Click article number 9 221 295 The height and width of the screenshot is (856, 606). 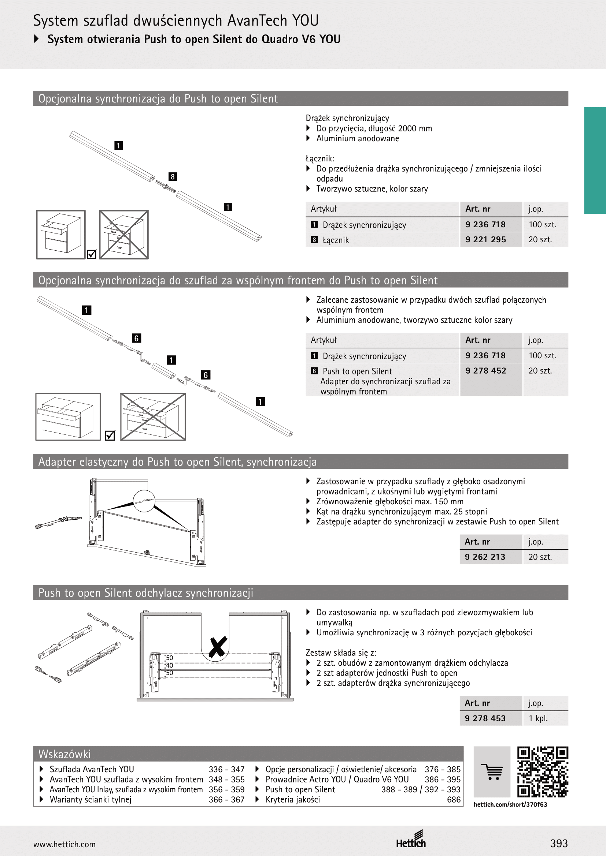pos(485,240)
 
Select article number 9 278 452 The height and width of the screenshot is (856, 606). pos(485,371)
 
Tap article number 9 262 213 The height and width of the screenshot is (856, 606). pos(485,557)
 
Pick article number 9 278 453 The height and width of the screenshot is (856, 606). pos(485,718)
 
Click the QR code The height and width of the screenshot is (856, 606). pos(543,772)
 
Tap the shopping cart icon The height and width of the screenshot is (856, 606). pos(492,772)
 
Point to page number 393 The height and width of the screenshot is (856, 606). pos(559,843)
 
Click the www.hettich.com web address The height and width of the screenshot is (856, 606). pos(64,844)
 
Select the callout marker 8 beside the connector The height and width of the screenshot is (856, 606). pos(173,177)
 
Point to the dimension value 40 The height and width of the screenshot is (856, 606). pos(169,665)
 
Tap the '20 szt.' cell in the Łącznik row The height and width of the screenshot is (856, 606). pos(540,240)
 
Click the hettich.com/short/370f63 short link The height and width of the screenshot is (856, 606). pos(510,804)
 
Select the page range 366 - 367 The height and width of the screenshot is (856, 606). pos(226,800)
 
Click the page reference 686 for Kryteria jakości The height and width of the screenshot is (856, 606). pos(454,800)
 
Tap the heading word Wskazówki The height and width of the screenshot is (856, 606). pos(64,754)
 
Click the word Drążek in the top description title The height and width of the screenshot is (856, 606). pos(318,118)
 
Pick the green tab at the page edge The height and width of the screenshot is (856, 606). pos(595,160)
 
